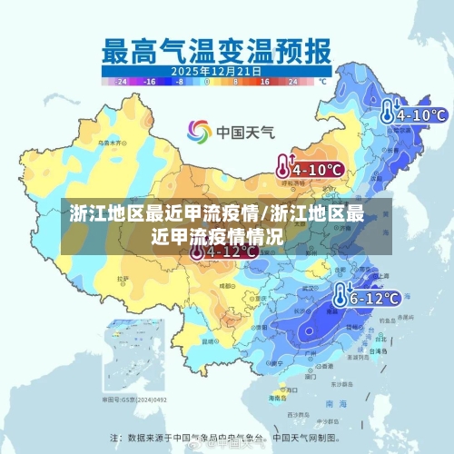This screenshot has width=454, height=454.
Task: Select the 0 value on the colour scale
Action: point(207,81)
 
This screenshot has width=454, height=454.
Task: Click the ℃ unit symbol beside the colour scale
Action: point(321,81)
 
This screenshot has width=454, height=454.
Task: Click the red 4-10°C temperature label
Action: point(317,169)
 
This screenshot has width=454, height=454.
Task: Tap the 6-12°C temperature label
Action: point(375,297)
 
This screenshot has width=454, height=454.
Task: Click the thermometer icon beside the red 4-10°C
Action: point(284,166)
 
